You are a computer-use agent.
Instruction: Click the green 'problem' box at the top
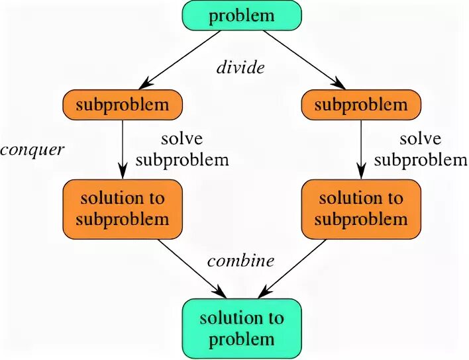tap(242, 15)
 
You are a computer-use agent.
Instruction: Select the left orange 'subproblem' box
tap(123, 105)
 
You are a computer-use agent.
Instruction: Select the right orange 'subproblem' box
tap(361, 105)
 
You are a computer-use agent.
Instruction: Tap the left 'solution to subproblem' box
tap(122, 208)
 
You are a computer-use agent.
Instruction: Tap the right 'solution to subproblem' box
tap(361, 208)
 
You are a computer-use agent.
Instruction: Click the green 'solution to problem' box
tap(242, 329)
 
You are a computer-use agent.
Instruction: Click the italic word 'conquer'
tap(32, 150)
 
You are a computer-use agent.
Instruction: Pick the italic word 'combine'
tap(240, 261)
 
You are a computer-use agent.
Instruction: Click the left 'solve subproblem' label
tap(195, 149)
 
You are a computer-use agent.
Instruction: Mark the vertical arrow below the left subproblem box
tap(123, 149)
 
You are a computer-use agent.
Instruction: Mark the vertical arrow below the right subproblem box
tap(361, 149)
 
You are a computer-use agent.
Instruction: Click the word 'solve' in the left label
tap(181, 139)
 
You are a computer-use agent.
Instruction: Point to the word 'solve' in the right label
tap(419, 139)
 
